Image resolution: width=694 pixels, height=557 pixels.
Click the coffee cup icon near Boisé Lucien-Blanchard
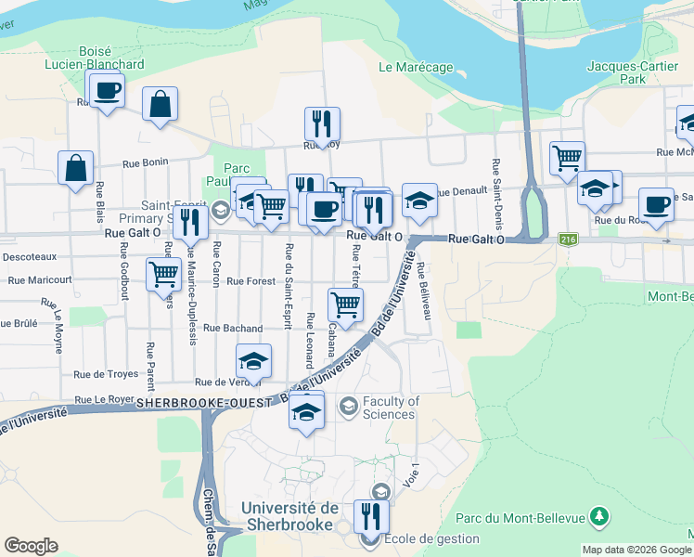click(x=107, y=91)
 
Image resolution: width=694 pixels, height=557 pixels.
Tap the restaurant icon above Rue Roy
click(x=322, y=123)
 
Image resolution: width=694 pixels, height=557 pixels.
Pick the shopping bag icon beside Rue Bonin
click(x=75, y=169)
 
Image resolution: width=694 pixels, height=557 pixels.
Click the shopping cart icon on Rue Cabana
click(x=345, y=304)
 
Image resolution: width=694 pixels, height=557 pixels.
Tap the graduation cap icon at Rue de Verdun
click(x=252, y=362)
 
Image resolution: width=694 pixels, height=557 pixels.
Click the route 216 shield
click(x=568, y=240)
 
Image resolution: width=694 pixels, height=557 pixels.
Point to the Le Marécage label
click(x=416, y=67)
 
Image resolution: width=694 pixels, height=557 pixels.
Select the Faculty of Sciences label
click(x=391, y=408)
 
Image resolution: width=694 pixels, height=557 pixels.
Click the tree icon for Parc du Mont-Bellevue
click(x=600, y=515)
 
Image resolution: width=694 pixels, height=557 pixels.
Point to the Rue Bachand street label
click(x=233, y=328)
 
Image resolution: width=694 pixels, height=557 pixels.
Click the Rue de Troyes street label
click(x=107, y=374)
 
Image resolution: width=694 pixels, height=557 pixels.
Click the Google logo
click(x=31, y=546)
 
